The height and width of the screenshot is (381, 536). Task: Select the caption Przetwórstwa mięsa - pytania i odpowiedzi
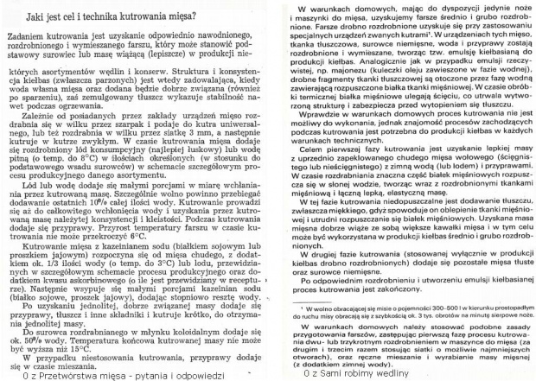point(125,374)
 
